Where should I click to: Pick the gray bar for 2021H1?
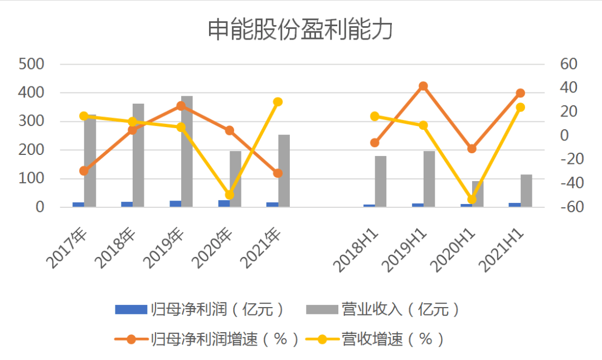[x=527, y=191]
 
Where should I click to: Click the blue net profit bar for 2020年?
[x=224, y=203]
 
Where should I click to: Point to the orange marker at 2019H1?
[x=423, y=86]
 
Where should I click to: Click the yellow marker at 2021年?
[x=278, y=102]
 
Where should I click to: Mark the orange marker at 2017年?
[x=84, y=171]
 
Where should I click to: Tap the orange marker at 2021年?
[x=278, y=173]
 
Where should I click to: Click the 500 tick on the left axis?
[x=31, y=64]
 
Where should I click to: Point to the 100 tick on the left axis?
[x=31, y=179]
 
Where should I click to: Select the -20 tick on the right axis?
[x=569, y=160]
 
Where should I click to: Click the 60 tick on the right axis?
[x=569, y=64]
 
